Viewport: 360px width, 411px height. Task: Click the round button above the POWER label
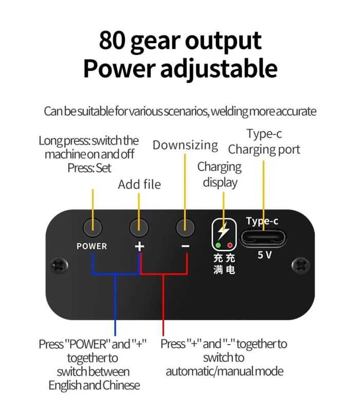pos(93,227)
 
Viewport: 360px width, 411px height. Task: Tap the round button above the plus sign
pos(139,227)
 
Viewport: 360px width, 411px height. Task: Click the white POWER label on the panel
pos(92,246)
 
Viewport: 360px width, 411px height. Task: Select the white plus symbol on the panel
pos(139,247)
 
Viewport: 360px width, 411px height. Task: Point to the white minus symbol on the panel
pos(185,246)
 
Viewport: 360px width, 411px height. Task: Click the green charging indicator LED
pos(218,246)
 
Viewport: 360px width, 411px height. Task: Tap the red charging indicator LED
pos(230,246)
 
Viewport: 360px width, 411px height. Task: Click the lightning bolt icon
pos(224,231)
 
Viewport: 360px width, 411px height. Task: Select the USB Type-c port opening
pos(263,238)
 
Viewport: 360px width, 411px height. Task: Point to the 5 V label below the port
pos(264,255)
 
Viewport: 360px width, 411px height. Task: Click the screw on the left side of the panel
pos(59,266)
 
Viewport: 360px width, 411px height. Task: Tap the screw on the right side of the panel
pos(301,266)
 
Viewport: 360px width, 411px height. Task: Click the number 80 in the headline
pos(112,41)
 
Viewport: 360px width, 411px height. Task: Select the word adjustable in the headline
pos(219,69)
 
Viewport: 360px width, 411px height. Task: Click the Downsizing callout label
pos(185,145)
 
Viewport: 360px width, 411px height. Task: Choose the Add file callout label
pos(139,184)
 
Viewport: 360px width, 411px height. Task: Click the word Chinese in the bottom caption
pos(121,385)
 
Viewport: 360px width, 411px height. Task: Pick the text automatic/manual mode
pos(225,371)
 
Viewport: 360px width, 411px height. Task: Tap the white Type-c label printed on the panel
pos(262,221)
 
